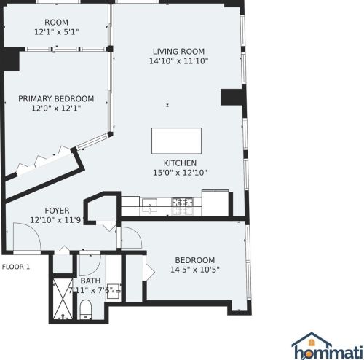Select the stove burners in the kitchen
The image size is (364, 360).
point(182,203)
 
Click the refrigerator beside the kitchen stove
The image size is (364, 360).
point(216,202)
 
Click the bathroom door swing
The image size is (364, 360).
point(88,263)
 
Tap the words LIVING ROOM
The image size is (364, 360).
point(178,52)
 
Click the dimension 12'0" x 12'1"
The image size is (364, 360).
point(56,109)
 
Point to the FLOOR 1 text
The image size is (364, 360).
point(16,267)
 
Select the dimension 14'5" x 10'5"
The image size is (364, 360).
point(194,270)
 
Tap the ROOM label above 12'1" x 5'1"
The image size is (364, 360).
point(56,22)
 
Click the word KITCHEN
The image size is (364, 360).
point(180,163)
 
